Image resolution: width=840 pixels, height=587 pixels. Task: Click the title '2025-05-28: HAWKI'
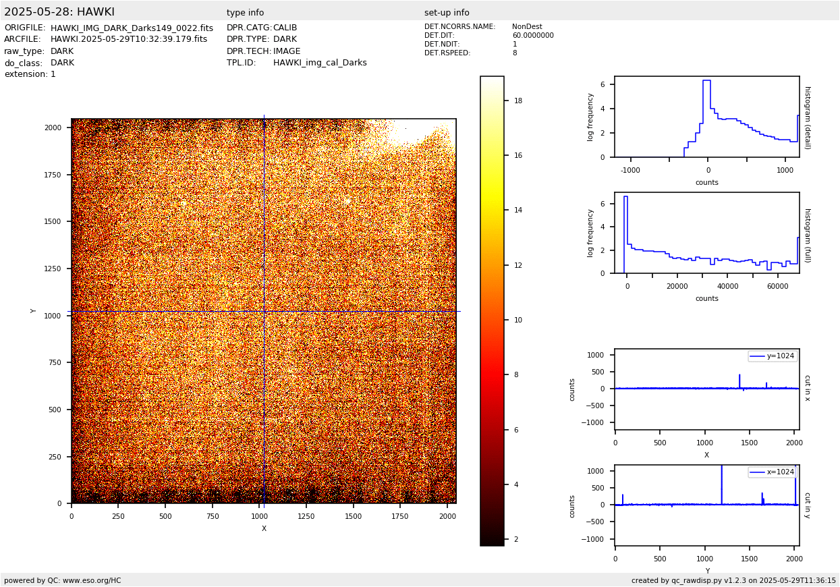pos(59,12)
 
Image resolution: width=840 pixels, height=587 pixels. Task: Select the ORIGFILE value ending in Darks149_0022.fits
pos(132,28)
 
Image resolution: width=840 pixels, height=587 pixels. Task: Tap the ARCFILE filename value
pos(129,39)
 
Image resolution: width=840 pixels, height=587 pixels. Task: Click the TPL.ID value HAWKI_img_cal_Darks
pos(320,63)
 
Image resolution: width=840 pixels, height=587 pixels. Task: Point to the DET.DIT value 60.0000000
pos(532,36)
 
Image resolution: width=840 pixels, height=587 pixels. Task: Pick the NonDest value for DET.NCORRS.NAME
pos(527,27)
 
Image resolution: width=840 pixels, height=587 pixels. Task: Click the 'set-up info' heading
pos(447,13)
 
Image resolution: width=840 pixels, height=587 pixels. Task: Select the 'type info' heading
pos(245,13)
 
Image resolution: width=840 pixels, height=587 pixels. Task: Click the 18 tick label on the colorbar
pos(518,101)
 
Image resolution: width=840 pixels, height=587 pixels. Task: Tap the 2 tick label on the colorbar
pos(516,539)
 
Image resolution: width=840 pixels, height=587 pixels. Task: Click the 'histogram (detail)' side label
pos(807,117)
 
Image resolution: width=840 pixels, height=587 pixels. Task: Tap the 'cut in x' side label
pos(807,388)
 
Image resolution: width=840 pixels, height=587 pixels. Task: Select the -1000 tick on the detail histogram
pos(630,171)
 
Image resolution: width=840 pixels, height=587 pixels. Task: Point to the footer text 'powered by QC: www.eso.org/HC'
pos(63,580)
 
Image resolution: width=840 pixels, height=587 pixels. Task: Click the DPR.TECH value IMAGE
pos(287,51)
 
